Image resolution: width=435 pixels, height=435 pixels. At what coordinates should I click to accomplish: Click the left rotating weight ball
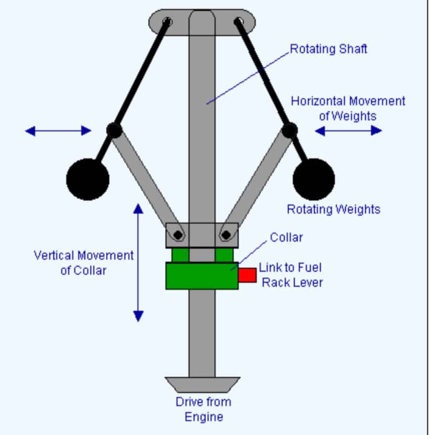[88, 179]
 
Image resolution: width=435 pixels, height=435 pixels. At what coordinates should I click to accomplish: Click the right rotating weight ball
[314, 179]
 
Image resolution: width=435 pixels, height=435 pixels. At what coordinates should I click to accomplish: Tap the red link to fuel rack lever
[247, 275]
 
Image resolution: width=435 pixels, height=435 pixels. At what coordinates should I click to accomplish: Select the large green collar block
[202, 276]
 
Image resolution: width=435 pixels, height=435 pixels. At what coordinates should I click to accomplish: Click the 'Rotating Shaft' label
[328, 49]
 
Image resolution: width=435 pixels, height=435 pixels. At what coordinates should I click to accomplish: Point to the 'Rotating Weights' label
[333, 209]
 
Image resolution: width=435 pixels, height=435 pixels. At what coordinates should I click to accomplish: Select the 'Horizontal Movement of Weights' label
[347, 108]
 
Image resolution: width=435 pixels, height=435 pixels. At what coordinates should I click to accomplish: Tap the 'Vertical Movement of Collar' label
[84, 263]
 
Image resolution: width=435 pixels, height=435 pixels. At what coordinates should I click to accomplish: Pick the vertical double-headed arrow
[138, 262]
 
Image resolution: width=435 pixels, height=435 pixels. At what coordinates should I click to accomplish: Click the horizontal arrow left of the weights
[58, 130]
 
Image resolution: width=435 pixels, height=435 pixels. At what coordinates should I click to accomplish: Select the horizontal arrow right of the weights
[348, 130]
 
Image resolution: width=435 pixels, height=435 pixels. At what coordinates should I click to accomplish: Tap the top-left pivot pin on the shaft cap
[167, 21]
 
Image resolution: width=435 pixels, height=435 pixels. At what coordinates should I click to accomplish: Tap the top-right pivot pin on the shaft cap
[239, 21]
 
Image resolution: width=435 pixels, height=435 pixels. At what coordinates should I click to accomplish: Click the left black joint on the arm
[114, 130]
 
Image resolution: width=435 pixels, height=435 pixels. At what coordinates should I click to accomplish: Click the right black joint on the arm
[290, 130]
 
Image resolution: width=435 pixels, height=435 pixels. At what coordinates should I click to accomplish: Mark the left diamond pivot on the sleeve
[178, 234]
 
